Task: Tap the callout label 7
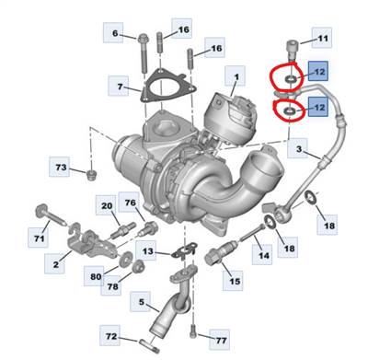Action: [119, 87]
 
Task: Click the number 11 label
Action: [322, 38]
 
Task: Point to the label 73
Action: [60, 167]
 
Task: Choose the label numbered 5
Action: [141, 302]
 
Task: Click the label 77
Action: [220, 340]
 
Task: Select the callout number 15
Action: [234, 281]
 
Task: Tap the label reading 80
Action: [95, 276]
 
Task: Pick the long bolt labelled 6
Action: [143, 54]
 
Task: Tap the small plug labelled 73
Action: [91, 175]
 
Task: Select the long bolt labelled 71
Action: [51, 216]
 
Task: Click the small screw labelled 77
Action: [192, 331]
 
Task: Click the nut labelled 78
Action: [137, 266]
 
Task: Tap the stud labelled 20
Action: [123, 230]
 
